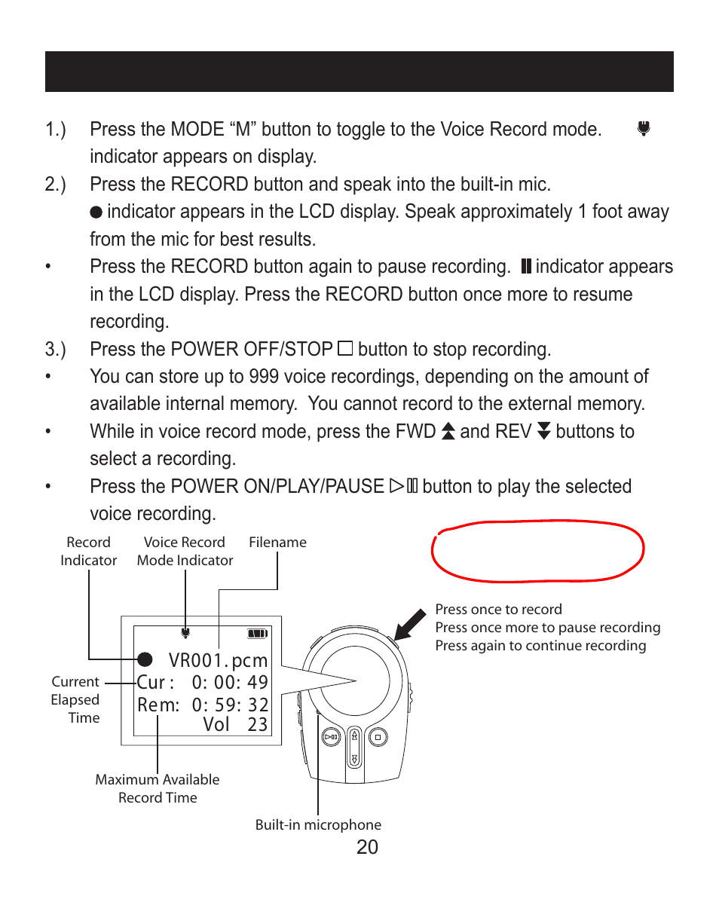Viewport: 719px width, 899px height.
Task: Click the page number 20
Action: (367, 847)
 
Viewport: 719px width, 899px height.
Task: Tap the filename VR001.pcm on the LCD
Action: (218, 660)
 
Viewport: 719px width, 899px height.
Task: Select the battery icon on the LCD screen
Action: (258, 634)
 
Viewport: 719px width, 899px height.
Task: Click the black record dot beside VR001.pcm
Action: (145, 659)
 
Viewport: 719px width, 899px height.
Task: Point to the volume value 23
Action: (258, 725)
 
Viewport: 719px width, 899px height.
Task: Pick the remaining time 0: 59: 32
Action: (230, 704)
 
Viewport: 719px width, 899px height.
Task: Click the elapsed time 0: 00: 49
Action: (230, 682)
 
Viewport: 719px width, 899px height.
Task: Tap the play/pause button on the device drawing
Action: (332, 737)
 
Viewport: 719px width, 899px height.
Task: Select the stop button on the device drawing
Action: (378, 737)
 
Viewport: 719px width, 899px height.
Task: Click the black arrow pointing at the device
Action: (411, 625)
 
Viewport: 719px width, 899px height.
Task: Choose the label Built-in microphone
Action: (318, 824)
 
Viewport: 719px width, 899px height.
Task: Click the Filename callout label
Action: (277, 543)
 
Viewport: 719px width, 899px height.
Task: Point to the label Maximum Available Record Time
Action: (158, 788)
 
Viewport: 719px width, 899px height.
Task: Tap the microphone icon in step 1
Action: (644, 128)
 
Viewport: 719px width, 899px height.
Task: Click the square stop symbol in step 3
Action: (345, 349)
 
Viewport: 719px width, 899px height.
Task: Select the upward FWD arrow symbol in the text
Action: (448, 431)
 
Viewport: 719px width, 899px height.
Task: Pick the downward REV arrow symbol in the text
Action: (544, 431)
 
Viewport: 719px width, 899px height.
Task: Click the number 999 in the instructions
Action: (264, 377)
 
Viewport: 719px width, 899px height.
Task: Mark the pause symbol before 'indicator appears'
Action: (526, 266)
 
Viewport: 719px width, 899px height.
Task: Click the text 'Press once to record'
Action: (499, 610)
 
